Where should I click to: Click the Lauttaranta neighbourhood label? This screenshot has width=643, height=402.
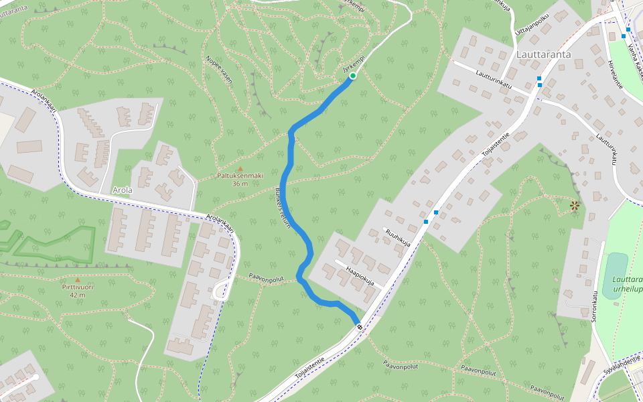pos(544,54)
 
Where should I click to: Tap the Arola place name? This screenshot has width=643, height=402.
pos(123,190)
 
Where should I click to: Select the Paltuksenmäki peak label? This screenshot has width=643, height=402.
pos(240,176)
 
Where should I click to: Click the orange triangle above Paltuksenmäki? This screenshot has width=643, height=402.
pos(240,168)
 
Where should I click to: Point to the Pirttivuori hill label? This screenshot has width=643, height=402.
pos(77,287)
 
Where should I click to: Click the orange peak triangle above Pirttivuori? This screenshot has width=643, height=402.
pos(77,279)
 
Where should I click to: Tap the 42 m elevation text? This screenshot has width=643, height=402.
pos(77,295)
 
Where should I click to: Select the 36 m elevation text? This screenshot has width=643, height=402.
pos(240,184)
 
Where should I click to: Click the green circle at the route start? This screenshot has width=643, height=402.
pos(352,76)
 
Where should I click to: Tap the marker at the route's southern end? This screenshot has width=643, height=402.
pos(360,326)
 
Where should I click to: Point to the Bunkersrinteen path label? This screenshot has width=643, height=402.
pos(283,208)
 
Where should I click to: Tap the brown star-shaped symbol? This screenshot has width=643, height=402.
pos(574,206)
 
